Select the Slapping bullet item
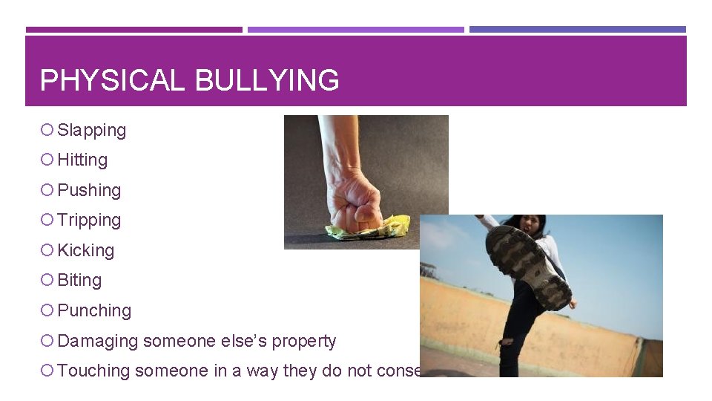(91, 131)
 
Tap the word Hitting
(82, 160)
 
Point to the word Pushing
(89, 191)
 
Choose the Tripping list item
(89, 221)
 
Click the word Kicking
(86, 251)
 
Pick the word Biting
(79, 281)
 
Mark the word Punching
(94, 311)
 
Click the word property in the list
(303, 342)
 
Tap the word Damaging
(97, 342)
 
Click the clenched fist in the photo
(357, 200)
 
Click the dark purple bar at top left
(133, 30)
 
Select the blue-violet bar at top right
(577, 30)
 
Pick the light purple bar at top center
(355, 30)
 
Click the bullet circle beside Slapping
(47, 131)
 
